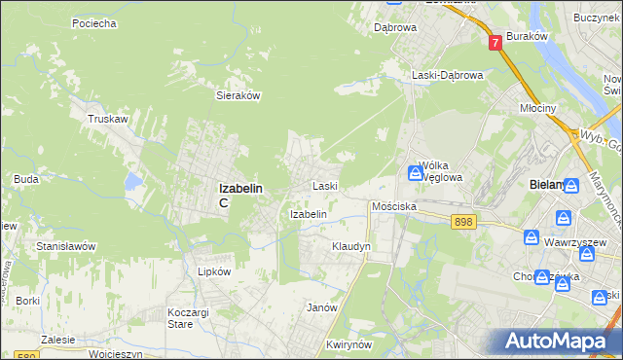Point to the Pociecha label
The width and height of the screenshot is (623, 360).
[x=94, y=21]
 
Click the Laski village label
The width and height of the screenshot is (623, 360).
[x=324, y=185]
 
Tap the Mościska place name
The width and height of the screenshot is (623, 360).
[x=394, y=207]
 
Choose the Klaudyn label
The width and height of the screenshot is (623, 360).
[x=351, y=247]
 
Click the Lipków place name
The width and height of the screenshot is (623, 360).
[x=213, y=272]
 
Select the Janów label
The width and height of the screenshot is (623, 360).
[x=321, y=306]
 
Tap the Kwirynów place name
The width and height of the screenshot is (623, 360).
[x=351, y=344]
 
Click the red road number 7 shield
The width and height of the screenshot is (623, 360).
[x=495, y=42]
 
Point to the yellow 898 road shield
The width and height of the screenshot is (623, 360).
[x=463, y=223]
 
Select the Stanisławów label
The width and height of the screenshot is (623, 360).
[x=65, y=246]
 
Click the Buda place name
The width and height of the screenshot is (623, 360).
[x=26, y=179]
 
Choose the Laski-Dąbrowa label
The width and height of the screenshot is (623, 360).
[x=447, y=75]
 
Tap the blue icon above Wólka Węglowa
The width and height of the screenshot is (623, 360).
[x=416, y=173]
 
